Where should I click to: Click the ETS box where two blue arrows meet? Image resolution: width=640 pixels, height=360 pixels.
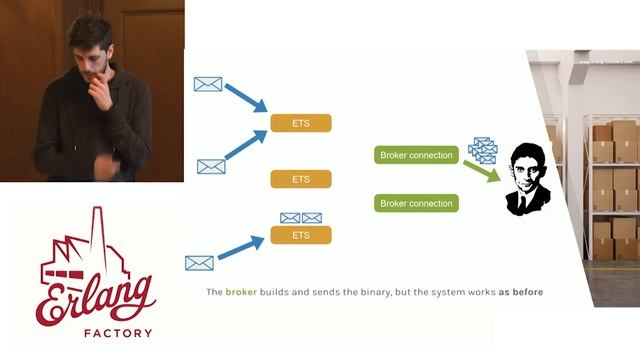[x=300, y=123]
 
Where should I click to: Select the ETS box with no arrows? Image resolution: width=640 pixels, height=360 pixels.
[x=300, y=179]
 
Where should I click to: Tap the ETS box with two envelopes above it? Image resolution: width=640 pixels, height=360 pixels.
[x=300, y=236]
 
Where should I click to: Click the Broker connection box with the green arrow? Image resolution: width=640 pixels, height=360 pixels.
[x=417, y=156]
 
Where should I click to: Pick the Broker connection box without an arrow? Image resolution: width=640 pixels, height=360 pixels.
[x=417, y=203]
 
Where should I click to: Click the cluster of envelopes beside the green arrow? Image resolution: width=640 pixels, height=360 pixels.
[x=482, y=150]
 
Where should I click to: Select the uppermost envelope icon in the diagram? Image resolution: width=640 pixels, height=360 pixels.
[x=207, y=85]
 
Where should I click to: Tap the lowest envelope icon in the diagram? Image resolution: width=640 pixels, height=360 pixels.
[x=200, y=263]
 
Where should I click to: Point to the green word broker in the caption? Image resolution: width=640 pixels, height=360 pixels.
[x=241, y=293]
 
